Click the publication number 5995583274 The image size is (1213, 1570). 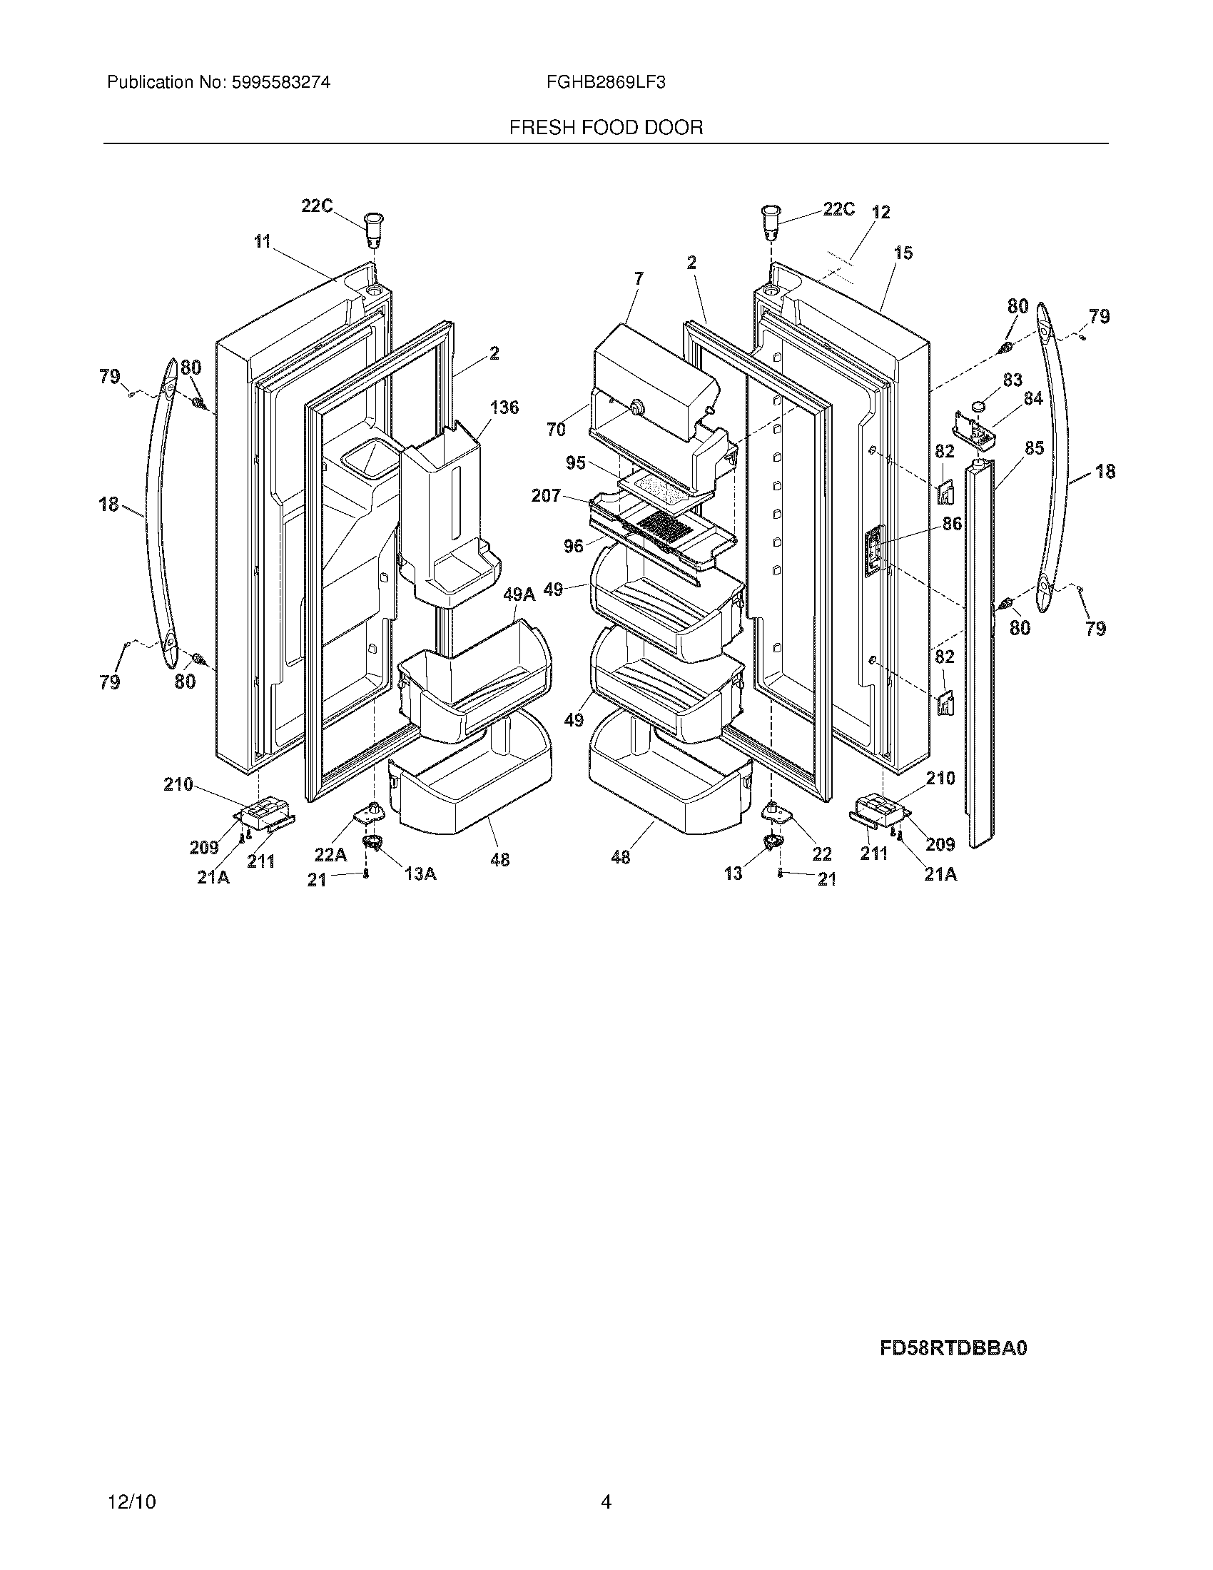point(280,83)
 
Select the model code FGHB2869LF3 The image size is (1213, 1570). point(606,83)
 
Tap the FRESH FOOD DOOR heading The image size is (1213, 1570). point(606,128)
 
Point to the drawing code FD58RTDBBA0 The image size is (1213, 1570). point(953,1348)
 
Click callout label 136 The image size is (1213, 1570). point(504,407)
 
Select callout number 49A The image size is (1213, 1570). point(519,594)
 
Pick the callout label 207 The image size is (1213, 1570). point(546,495)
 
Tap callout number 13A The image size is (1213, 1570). point(420,873)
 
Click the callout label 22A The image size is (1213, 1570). point(330,855)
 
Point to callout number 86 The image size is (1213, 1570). point(951,524)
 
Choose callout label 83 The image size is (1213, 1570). point(1012,380)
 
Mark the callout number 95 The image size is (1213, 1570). point(576,463)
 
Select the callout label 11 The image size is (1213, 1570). point(263,241)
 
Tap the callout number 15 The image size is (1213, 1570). point(903,253)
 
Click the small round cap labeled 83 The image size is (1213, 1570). point(978,406)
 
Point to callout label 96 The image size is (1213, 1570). point(574,547)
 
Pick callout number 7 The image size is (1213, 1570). point(639,278)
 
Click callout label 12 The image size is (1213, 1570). point(880,212)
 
